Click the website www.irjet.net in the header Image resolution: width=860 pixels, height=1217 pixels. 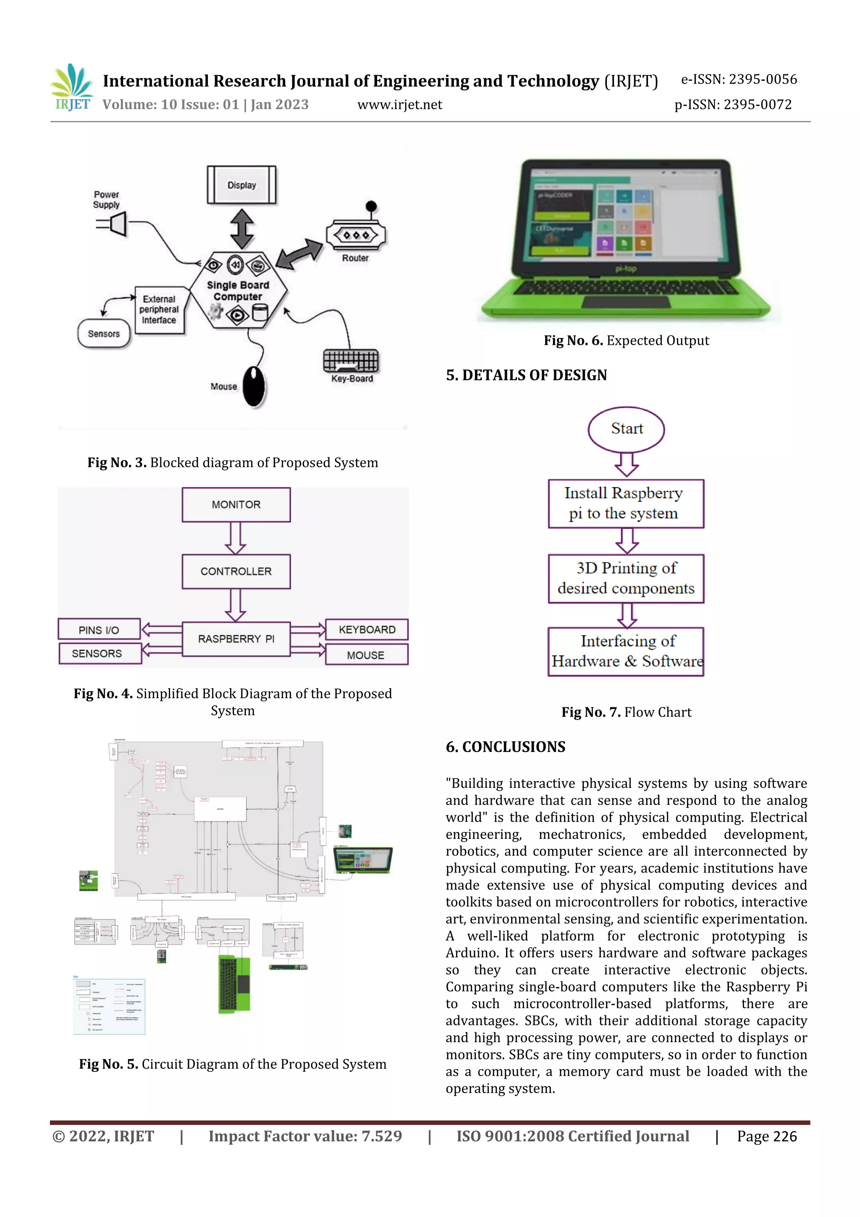pos(399,105)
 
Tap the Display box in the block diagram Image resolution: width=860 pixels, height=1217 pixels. pos(241,185)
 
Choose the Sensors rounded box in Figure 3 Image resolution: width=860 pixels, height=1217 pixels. pos(104,334)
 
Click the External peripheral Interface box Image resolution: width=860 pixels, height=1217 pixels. pos(159,310)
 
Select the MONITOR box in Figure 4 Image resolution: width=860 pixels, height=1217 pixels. pos(236,505)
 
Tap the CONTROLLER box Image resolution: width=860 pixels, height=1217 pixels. pos(236,571)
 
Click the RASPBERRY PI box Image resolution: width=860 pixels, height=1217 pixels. pos(236,639)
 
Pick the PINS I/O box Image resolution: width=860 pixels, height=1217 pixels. pos(99,630)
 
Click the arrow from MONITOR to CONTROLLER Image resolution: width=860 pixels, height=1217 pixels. pos(235,538)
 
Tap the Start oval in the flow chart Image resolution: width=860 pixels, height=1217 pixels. pos(627,429)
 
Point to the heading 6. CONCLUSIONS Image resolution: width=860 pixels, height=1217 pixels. pos(506,747)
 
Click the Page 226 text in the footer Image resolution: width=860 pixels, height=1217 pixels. pos(766,1136)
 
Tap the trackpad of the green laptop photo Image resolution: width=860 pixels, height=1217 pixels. pos(626,302)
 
